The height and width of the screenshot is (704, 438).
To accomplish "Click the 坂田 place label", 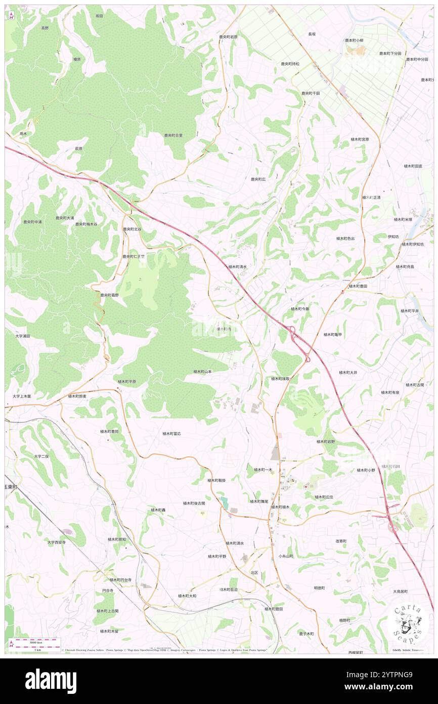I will click(x=100, y=16).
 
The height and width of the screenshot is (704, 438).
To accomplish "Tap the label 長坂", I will click(x=312, y=34).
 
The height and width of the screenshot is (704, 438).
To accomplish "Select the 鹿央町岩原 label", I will click(x=228, y=37).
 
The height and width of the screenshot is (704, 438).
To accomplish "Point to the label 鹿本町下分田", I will click(x=390, y=53).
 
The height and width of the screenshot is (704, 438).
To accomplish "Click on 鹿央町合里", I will click(x=173, y=135).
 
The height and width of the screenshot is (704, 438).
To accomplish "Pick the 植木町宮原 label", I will click(x=360, y=139).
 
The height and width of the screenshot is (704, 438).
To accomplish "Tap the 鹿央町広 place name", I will click(x=258, y=179).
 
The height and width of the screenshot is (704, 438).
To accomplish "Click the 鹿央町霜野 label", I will click(x=110, y=295).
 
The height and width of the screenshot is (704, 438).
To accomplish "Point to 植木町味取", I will click(x=280, y=378).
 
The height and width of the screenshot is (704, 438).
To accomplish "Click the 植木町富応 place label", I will click(x=172, y=434).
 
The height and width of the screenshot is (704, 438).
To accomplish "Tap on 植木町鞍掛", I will click(x=216, y=480).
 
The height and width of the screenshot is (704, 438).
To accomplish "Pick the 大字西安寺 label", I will click(x=57, y=542).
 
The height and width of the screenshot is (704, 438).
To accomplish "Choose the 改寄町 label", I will click(x=341, y=541).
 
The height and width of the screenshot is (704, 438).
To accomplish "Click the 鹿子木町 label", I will click(x=306, y=634).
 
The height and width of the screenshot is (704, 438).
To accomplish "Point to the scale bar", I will click(x=35, y=643).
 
